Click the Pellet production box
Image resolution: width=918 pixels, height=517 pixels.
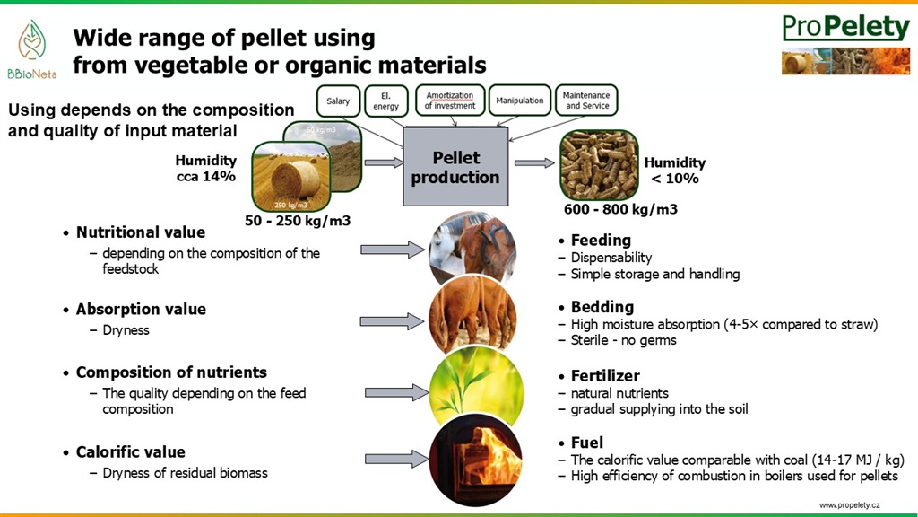click(455, 168)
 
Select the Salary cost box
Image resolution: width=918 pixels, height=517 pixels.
click(338, 101)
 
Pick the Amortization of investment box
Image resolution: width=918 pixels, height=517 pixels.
click(450, 101)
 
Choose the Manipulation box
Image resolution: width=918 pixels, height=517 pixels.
click(520, 101)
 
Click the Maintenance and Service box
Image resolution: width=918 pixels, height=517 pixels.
click(587, 101)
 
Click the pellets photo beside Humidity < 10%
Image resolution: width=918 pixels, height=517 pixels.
click(598, 165)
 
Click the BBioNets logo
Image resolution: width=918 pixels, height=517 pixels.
click(30, 49)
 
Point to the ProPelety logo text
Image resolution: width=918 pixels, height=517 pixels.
click(845, 28)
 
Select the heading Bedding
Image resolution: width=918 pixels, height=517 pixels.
click(602, 307)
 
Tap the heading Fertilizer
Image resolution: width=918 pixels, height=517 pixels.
click(605, 376)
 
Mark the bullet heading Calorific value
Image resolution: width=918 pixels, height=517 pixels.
click(130, 452)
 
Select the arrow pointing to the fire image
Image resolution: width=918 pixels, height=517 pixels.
click(394, 459)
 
